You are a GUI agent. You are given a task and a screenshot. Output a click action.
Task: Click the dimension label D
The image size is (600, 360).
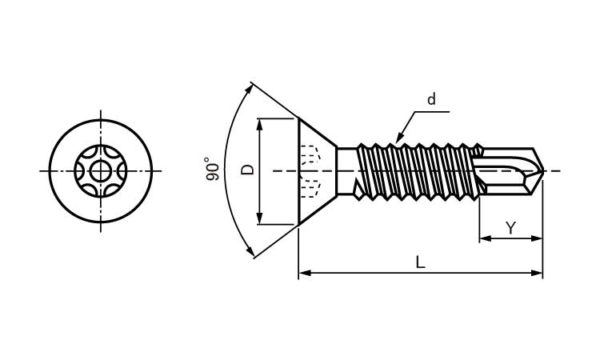click(248, 169)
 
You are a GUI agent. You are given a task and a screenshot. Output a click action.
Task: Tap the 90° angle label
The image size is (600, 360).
click(212, 169)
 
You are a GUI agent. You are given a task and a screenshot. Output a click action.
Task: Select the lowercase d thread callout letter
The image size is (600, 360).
click(431, 99)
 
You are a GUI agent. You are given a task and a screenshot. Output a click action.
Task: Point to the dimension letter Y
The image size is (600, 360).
click(510, 228)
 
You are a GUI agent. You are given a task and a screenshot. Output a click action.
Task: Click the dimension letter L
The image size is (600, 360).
click(420, 262)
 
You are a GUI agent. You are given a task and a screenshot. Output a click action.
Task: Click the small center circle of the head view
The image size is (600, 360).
click(101, 171)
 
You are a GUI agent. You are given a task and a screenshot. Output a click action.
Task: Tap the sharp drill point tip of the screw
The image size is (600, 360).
click(543, 171)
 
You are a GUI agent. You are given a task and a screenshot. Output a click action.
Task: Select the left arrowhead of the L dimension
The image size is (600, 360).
click(304, 273)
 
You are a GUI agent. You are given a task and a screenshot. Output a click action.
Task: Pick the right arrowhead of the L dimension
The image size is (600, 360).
click(538, 273)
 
